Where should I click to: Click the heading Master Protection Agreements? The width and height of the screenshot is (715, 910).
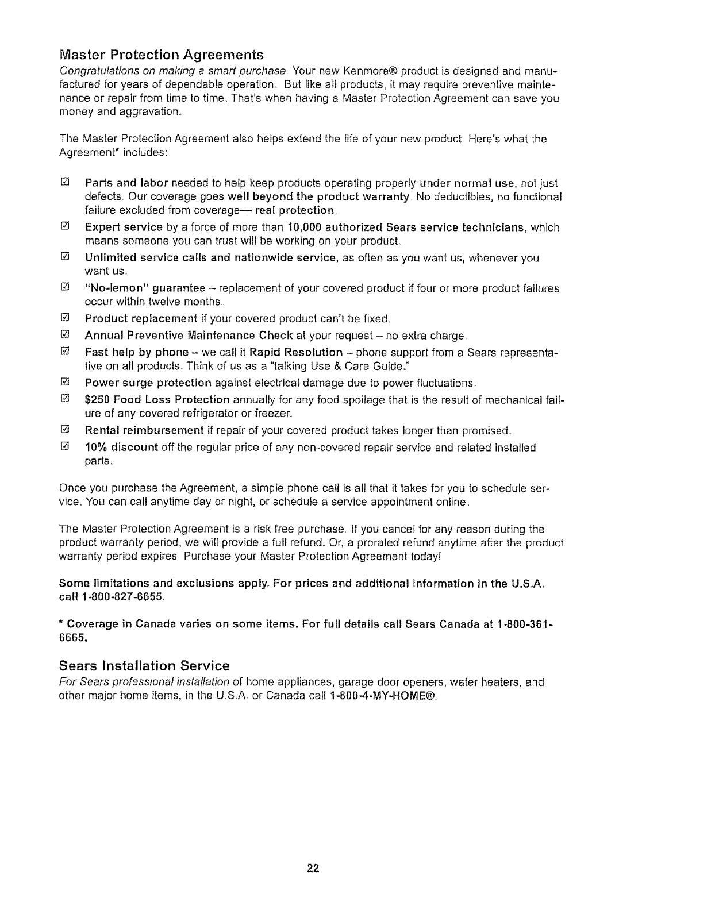click(162, 55)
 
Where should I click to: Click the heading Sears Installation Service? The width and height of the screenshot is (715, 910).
click(144, 666)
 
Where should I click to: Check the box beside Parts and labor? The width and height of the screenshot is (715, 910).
click(65, 183)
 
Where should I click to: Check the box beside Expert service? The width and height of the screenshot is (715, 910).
click(65, 227)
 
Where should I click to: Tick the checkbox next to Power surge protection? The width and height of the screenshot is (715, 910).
click(65, 382)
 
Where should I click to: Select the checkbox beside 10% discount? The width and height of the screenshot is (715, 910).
click(65, 447)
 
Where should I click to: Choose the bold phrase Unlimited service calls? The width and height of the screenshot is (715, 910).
click(147, 258)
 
